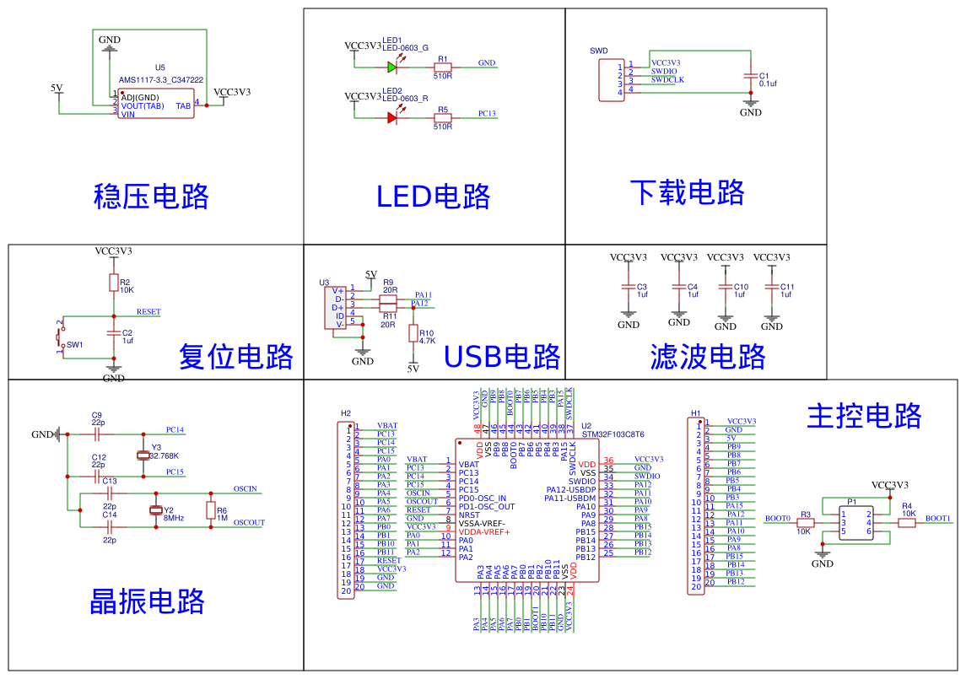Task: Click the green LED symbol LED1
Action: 392,67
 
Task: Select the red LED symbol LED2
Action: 392,118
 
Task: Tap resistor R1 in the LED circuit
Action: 442,67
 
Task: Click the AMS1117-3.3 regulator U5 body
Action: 156,103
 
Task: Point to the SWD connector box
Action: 611,79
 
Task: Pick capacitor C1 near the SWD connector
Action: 750,76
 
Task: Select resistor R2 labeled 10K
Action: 114,283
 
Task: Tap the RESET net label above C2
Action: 148,312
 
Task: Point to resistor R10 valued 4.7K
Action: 413,334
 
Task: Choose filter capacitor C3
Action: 629,287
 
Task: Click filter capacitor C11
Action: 772,287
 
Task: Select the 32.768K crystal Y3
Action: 143,455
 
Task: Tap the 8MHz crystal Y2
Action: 155,509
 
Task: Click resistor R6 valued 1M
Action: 211,509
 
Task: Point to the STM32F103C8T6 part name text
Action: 613,434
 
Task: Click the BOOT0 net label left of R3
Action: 777,519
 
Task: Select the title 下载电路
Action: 687,192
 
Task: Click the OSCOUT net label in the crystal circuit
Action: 249,523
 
